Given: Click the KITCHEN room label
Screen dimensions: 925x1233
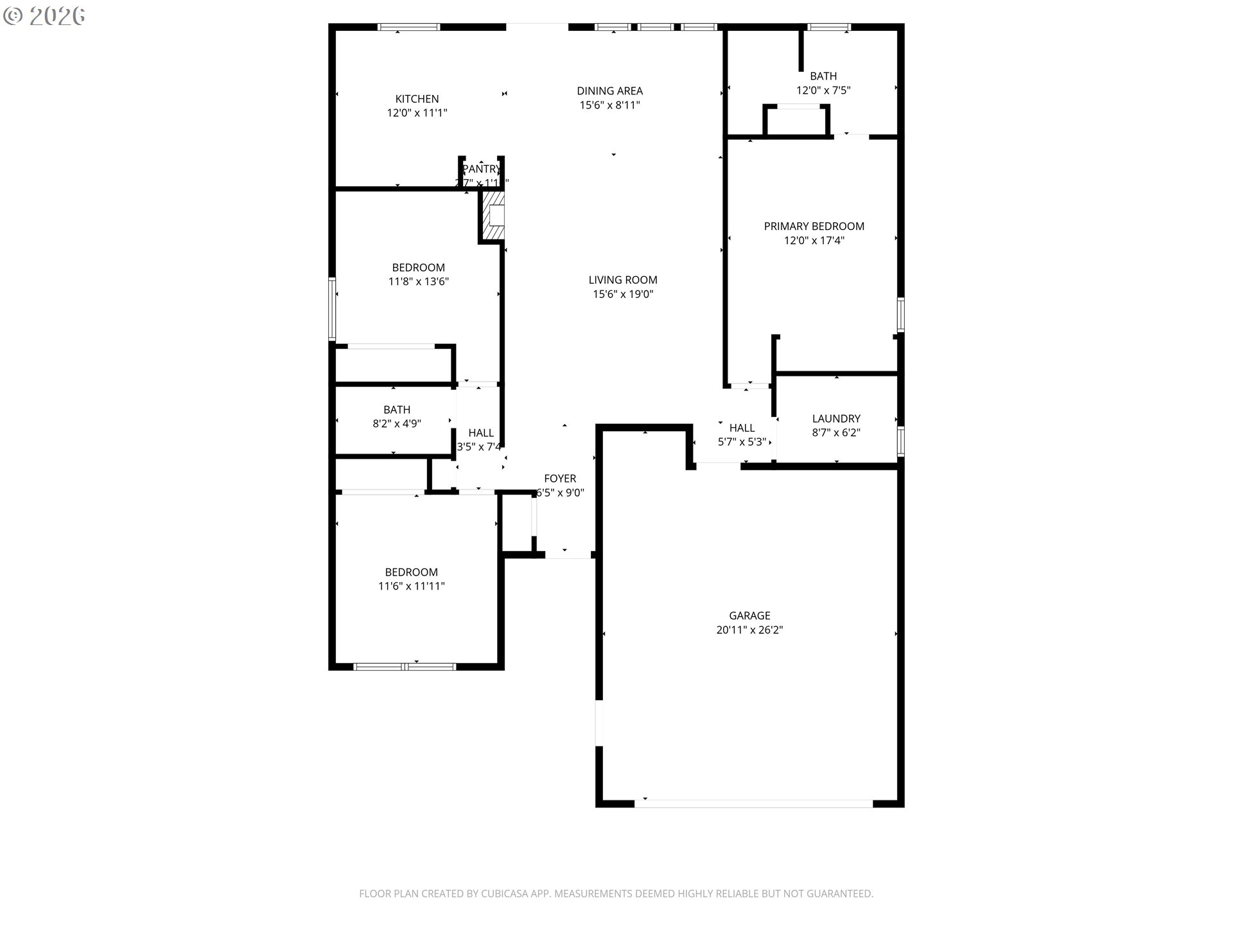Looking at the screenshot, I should click(x=417, y=99).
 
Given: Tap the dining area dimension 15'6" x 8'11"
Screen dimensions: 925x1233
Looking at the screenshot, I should click(x=609, y=105).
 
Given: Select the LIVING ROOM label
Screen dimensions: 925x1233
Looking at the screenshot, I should click(x=622, y=280).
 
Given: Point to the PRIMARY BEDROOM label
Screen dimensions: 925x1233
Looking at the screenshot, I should click(x=814, y=226).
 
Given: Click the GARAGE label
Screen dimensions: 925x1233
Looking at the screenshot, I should click(x=749, y=615).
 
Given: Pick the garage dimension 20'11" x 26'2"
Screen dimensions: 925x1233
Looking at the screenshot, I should click(x=749, y=630).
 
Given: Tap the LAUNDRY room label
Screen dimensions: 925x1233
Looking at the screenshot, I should click(x=835, y=418).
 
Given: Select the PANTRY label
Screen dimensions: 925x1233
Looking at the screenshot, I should click(x=481, y=169).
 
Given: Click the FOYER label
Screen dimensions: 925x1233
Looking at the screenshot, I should click(x=560, y=479).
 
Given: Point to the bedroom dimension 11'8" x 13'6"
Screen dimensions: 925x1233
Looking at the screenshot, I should click(x=418, y=281).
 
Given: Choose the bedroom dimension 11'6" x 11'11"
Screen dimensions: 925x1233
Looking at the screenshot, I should click(x=411, y=586).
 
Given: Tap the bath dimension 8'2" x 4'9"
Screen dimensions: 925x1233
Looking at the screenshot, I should click(x=397, y=424).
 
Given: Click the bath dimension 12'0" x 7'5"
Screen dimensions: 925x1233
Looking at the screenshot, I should click(x=823, y=91).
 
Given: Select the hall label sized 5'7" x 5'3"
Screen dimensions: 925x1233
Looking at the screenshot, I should click(x=742, y=428).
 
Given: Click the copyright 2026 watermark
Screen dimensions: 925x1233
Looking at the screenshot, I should click(x=44, y=16).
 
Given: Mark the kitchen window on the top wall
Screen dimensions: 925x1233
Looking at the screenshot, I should click(x=408, y=27).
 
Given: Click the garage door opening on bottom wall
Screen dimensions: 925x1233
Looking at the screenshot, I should click(x=753, y=804).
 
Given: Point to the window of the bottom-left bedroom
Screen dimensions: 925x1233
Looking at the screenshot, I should click(x=405, y=667).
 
